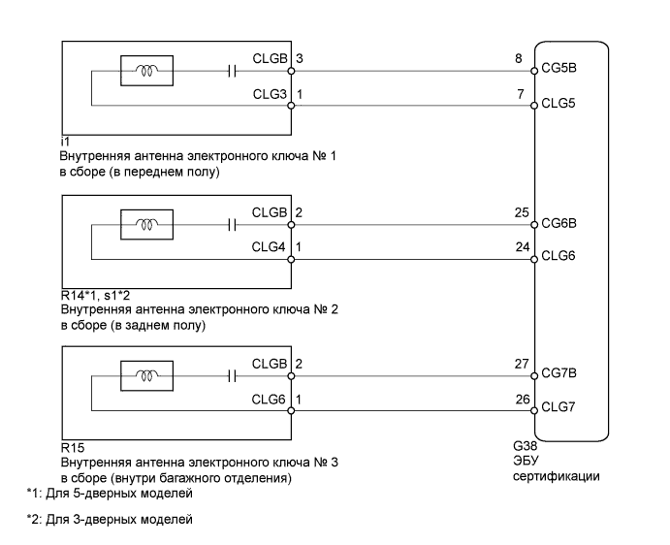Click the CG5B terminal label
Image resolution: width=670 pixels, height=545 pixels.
pyautogui.click(x=559, y=70)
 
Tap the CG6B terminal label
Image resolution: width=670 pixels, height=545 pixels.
pyautogui.click(x=559, y=222)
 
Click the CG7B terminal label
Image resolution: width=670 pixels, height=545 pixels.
pyautogui.click(x=559, y=372)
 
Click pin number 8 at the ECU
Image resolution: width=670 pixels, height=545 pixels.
pyautogui.click(x=522, y=59)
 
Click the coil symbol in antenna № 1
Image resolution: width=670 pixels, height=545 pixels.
pyautogui.click(x=146, y=70)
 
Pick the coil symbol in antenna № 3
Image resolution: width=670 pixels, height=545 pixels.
pyautogui.click(x=146, y=372)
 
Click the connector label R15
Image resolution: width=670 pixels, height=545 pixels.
pyautogui.click(x=70, y=450)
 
